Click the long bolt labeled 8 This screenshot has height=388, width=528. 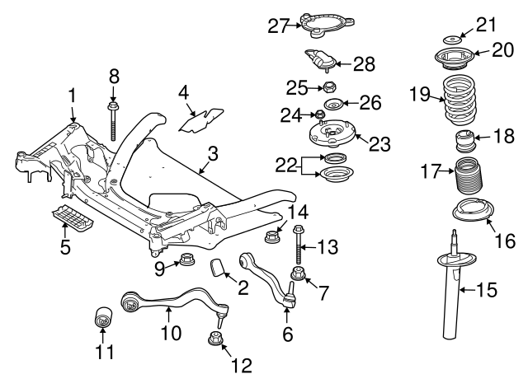113,120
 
